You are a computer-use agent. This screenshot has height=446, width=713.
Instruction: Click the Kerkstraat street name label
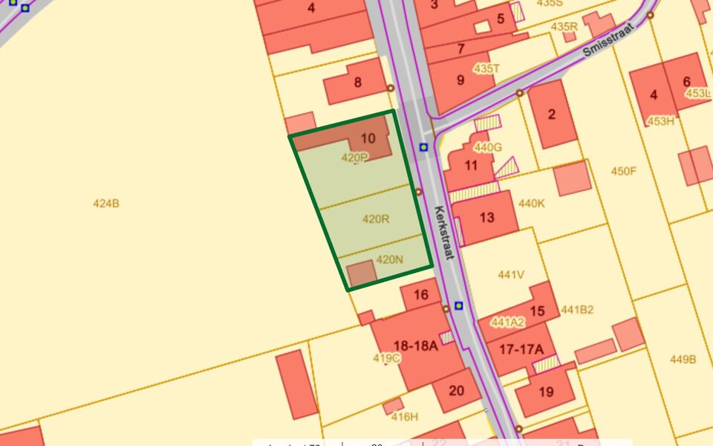[444, 232]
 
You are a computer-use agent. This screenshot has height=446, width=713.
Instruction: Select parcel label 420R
[376, 219]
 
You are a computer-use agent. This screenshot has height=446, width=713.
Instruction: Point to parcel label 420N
[389, 259]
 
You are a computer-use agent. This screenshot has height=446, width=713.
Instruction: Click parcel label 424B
[106, 203]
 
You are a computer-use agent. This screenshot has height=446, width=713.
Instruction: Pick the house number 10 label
[368, 138]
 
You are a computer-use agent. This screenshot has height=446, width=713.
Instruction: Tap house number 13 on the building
[487, 218]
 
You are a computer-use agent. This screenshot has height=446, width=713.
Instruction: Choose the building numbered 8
[358, 83]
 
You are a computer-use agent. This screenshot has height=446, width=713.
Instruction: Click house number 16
[421, 295]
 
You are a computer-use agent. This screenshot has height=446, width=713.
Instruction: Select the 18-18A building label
[416, 346]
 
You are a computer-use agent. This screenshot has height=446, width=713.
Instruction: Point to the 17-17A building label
[521, 349]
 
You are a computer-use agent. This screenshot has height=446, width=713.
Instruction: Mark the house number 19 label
[547, 392]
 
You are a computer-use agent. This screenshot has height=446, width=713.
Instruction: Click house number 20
[456, 390]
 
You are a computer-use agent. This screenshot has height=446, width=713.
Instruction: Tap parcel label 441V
[511, 275]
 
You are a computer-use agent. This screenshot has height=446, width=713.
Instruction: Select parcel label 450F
[624, 172]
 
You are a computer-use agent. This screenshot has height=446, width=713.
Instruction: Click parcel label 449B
[683, 360]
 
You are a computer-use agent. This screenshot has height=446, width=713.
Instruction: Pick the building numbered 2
[551, 114]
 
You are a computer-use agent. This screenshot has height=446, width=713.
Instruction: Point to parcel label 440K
[531, 203]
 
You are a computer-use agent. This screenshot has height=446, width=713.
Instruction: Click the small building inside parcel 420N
[362, 274]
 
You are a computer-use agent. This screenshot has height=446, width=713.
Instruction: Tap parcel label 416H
[405, 416]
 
